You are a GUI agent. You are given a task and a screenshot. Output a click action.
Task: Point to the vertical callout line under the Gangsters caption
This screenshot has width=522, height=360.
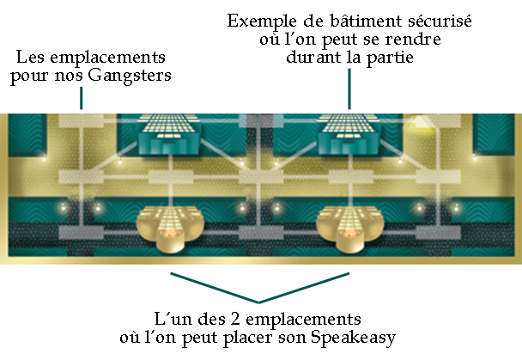pyautogui.click(x=82, y=100)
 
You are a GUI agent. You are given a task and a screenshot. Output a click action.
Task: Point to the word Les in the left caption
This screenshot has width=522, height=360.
pyautogui.click(x=31, y=59)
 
